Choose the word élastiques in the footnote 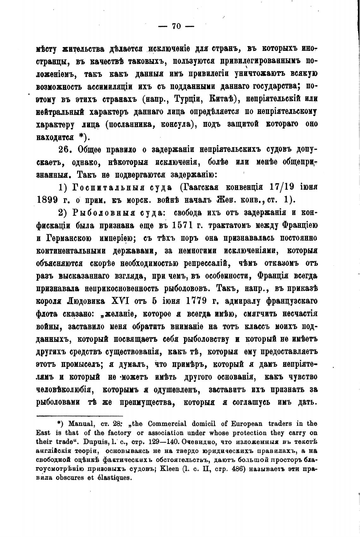[x=114, y=478]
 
